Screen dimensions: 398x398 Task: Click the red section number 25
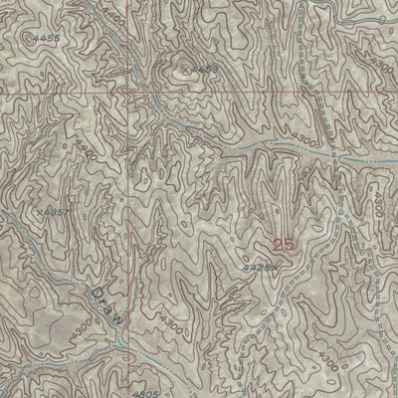(x=285, y=242)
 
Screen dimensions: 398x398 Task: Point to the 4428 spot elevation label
(x=257, y=268)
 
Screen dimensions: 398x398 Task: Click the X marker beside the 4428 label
(x=273, y=266)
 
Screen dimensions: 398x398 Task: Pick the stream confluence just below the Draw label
(x=121, y=341)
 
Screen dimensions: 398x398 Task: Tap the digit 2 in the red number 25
(x=279, y=242)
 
